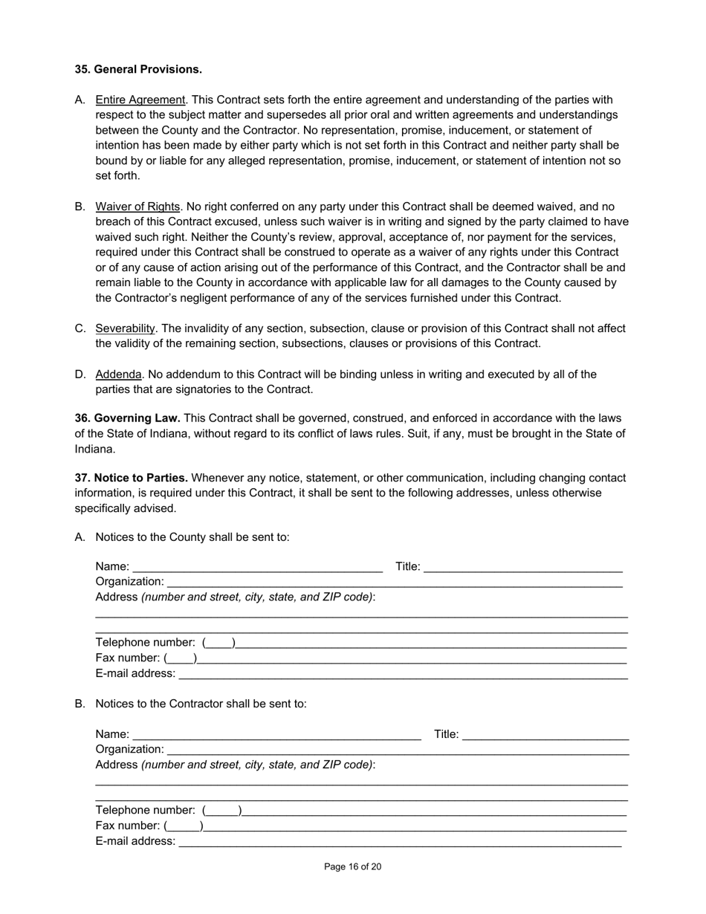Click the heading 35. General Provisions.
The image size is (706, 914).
tap(138, 69)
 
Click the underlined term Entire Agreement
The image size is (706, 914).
tap(140, 100)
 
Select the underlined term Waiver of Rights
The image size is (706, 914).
tap(137, 207)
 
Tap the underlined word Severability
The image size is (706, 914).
tap(125, 328)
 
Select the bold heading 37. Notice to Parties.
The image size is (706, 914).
tap(131, 478)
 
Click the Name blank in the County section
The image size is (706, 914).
tap(257, 568)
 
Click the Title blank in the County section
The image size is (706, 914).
tap(522, 568)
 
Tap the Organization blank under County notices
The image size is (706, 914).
tap(394, 583)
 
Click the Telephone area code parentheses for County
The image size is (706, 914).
tap(218, 643)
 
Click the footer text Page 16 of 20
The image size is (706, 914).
tap(353, 867)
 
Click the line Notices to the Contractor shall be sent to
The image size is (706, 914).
tap(201, 704)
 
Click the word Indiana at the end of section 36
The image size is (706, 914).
tap(94, 449)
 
